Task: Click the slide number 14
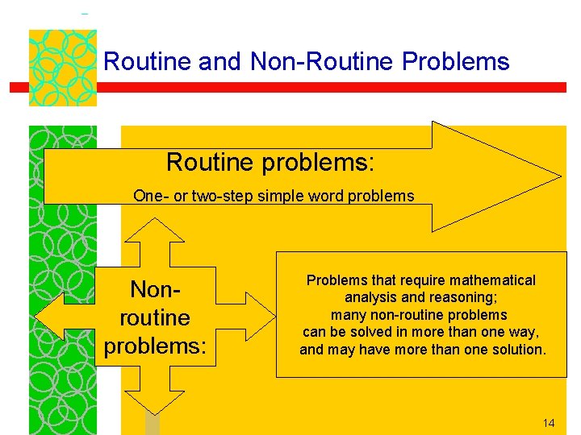[x=549, y=423]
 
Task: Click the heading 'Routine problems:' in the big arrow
[x=270, y=163]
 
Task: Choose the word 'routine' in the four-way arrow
[x=154, y=317]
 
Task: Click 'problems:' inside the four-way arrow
[x=154, y=346]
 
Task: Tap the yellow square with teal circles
[x=63, y=68]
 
